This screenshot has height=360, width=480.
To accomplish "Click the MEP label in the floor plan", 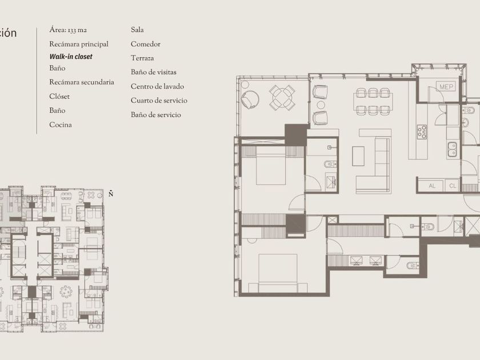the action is point(446,87).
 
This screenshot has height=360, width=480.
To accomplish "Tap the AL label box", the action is point(431,186).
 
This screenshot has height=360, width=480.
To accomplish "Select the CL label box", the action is point(453,186).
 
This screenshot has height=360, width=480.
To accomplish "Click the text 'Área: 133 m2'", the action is point(68,30).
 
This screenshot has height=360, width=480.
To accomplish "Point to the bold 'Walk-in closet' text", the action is point(71,57).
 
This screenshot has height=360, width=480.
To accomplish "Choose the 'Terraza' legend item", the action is point(142,58).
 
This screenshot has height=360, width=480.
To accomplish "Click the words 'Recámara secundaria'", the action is point(81,82).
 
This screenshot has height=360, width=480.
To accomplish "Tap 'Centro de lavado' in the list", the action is point(157,86).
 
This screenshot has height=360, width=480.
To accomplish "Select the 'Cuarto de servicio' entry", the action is point(159,101).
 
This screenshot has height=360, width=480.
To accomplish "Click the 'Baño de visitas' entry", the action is point(153,72).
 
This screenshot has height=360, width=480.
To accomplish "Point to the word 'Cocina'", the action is point(61,125).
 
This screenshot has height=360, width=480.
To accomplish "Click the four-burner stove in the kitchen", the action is point(422,131).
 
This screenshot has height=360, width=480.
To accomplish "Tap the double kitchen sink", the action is point(452,150).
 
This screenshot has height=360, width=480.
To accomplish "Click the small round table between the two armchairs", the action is point(321,105).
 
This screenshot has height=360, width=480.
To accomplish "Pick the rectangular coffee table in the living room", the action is point(358,156).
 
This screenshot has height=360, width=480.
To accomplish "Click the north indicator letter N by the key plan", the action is point(111,194).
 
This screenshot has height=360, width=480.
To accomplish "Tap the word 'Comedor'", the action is point(145,44).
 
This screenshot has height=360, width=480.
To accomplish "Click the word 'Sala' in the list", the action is point(137,30).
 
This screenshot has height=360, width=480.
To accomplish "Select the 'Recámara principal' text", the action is point(79,44).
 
